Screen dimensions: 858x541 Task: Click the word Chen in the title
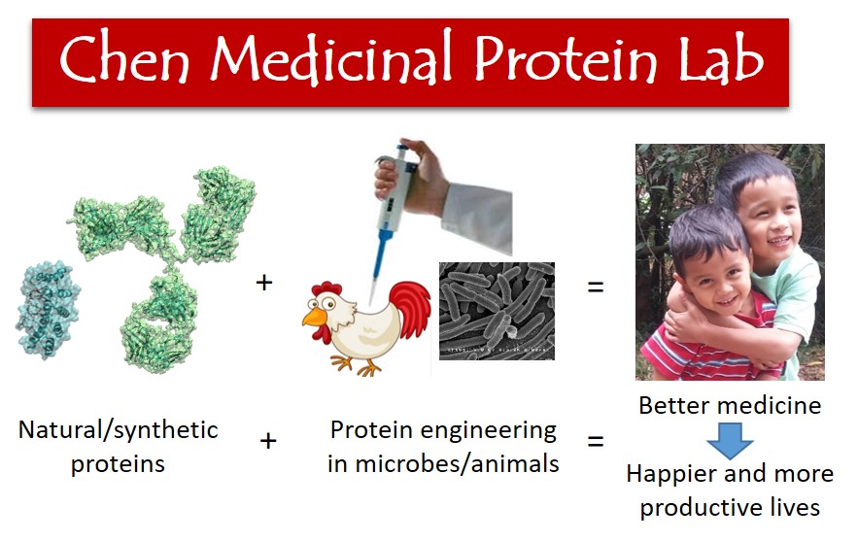[124, 59]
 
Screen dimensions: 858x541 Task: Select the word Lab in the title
[721, 59]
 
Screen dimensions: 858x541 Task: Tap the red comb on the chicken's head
[324, 288]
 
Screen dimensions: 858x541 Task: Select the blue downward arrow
[730, 440]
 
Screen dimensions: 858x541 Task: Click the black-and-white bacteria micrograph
[497, 311]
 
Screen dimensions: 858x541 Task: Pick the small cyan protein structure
[47, 308]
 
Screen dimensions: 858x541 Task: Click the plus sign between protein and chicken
[264, 283]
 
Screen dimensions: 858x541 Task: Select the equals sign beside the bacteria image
[596, 287]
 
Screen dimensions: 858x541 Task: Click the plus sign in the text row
[268, 440]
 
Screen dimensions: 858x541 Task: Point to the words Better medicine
[730, 405]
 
